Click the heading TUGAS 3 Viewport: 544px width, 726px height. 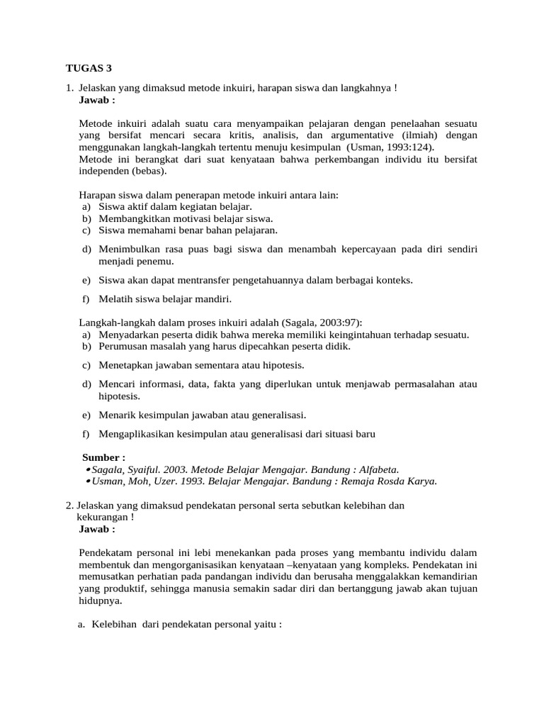[89, 68]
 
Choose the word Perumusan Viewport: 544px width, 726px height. [123, 347]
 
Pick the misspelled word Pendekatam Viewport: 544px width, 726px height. [107, 552]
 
